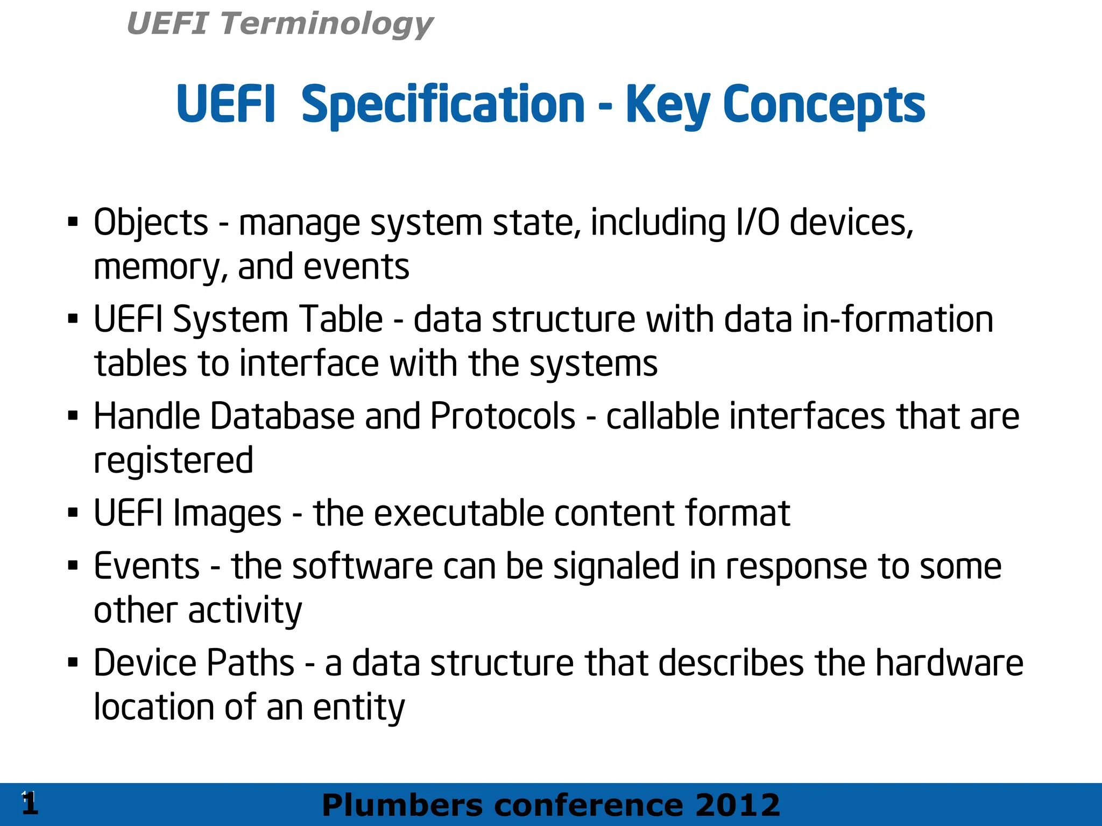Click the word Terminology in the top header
click(326, 24)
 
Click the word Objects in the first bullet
click(151, 223)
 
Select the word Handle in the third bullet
click(146, 416)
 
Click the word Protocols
click(503, 416)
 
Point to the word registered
click(173, 461)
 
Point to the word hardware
click(949, 663)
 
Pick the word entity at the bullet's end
click(358, 708)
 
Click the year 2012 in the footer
click(737, 806)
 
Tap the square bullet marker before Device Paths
click(73, 661)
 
